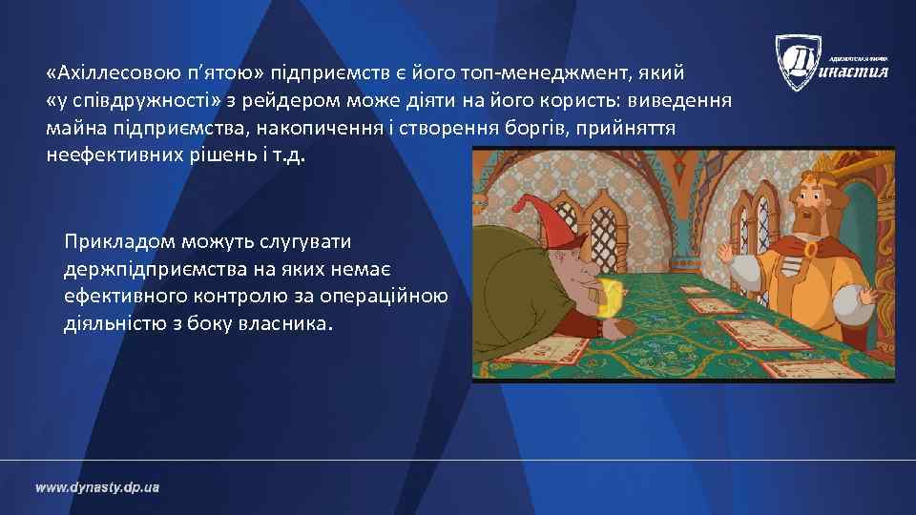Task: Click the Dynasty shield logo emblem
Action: coord(798,62)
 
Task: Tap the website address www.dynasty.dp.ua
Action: coord(97,487)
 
